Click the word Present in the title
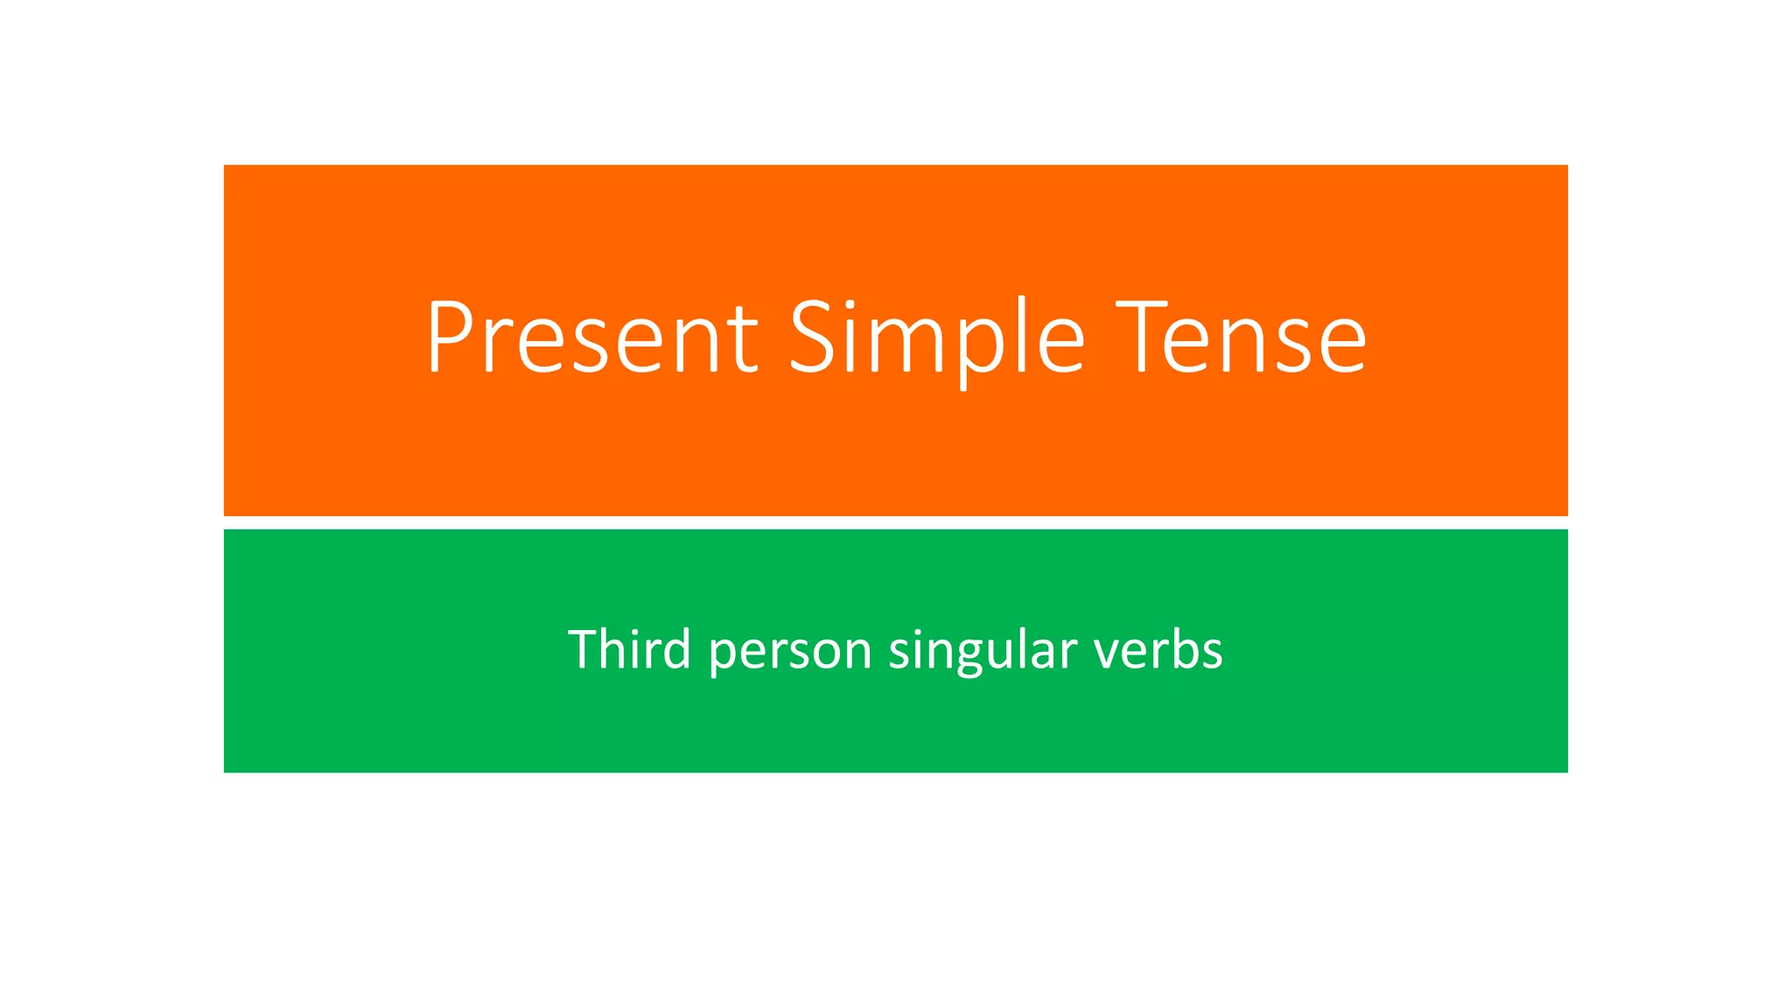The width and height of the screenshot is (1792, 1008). click(x=591, y=338)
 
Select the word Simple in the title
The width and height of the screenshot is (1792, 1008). click(x=937, y=338)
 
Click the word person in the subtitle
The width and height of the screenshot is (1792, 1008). click(x=791, y=651)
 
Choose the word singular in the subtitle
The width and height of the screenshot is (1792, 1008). click(x=982, y=651)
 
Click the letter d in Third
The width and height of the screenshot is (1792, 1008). click(x=677, y=648)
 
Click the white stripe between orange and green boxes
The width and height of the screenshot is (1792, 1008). click(x=895, y=522)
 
